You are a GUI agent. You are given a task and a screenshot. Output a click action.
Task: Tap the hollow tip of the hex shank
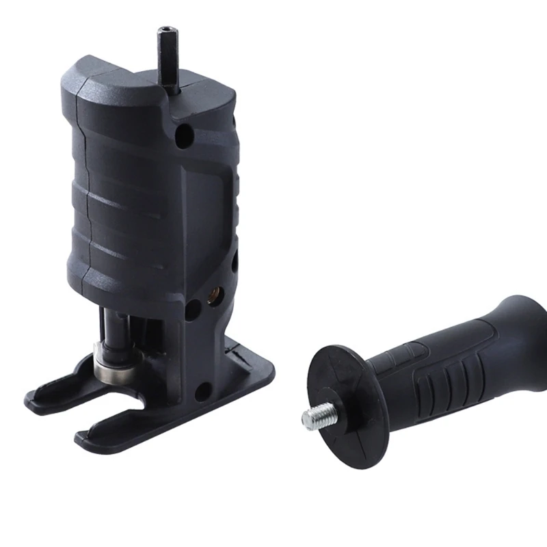pyautogui.click(x=167, y=30)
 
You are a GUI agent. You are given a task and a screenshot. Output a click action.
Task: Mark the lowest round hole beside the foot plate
pyautogui.click(x=202, y=392)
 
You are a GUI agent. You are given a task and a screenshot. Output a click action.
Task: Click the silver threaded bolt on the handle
pyautogui.click(x=317, y=414)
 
